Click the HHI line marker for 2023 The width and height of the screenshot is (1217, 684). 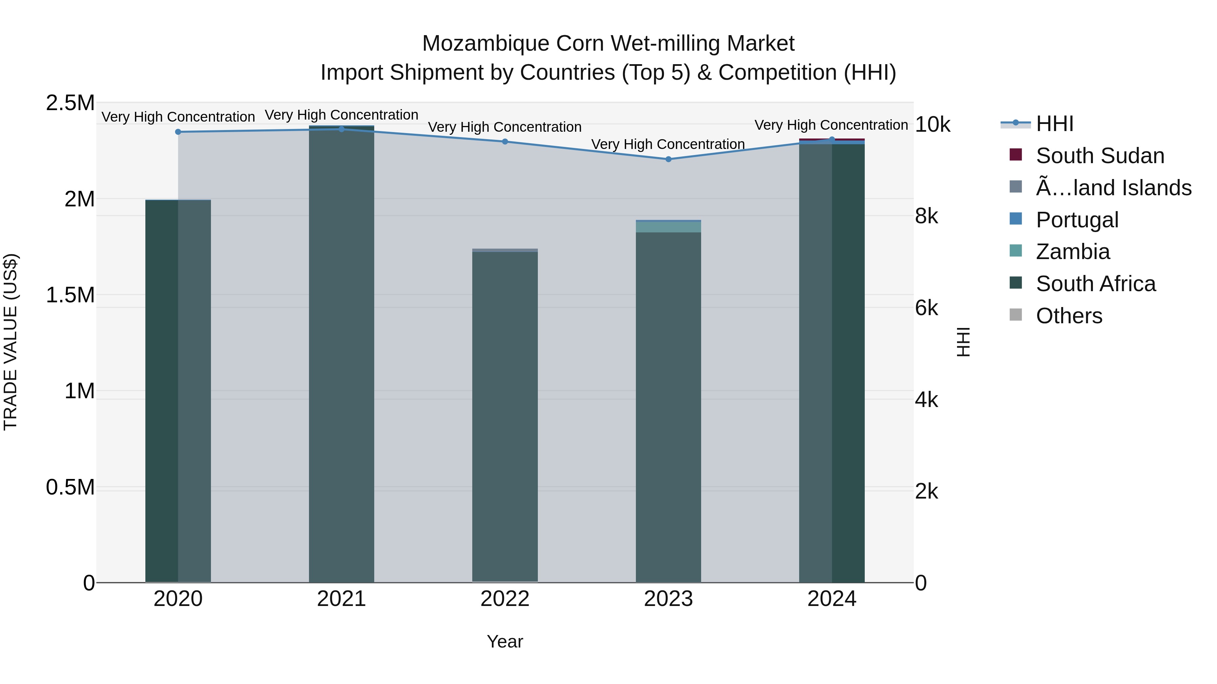(668, 159)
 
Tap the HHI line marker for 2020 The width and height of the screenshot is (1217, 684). (178, 132)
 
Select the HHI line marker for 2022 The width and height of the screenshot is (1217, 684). (505, 142)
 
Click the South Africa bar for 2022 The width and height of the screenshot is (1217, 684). (505, 415)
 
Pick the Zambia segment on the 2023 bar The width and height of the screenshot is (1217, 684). (668, 227)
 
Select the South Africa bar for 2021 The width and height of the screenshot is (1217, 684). (341, 354)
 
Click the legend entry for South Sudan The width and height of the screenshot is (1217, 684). (1099, 156)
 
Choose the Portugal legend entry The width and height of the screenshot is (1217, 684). (1077, 220)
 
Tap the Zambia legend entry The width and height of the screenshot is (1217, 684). (1072, 252)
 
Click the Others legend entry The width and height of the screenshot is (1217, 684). (1069, 316)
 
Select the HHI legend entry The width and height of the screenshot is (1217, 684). (1054, 124)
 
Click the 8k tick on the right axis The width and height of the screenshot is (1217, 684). (926, 216)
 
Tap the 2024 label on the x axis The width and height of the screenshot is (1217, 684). (832, 599)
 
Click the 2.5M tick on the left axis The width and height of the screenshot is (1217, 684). (70, 103)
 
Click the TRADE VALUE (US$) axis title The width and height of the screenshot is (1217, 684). (10, 342)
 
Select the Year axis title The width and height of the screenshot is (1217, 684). (505, 641)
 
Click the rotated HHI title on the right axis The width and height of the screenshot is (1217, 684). (963, 342)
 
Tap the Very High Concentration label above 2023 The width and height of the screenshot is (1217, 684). (668, 144)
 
